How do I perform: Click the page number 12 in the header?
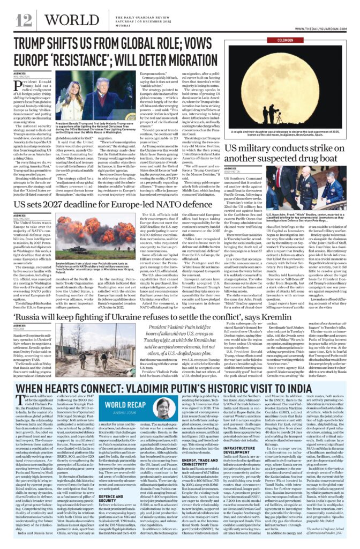(x=24, y=21)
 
